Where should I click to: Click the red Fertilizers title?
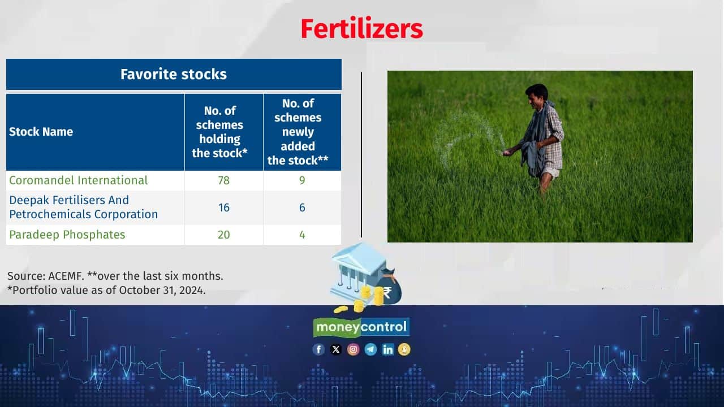coord(361,28)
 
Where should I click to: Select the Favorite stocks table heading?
coord(174,74)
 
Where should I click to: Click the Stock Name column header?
coord(41,132)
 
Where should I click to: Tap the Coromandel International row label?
coord(78,180)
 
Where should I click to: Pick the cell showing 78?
coord(223,180)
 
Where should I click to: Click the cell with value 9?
coord(302,180)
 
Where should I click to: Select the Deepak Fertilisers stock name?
coord(83,207)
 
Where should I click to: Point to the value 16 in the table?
coord(223,207)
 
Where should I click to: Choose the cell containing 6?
coord(302,207)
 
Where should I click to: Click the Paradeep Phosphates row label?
coord(67,235)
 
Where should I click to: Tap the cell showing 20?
coord(223,235)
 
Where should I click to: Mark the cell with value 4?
coord(302,235)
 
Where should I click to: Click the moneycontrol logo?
coord(361,327)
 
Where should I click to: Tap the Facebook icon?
coord(318,349)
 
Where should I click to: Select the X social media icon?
coord(336,349)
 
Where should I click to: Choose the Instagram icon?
coord(354,349)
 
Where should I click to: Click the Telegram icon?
coord(370,349)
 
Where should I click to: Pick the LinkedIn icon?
coord(387,349)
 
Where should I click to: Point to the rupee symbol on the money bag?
coord(387,292)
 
